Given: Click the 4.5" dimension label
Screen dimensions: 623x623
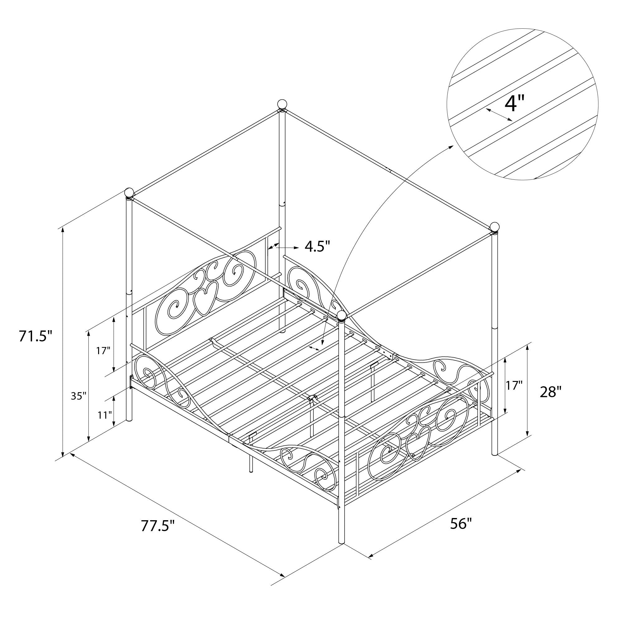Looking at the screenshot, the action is click(x=318, y=247).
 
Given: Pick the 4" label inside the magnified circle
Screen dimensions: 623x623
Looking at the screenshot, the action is click(x=515, y=103).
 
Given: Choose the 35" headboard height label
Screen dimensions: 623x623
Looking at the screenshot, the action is click(x=79, y=396).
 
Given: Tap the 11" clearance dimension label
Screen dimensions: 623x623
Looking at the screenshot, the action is click(x=105, y=415).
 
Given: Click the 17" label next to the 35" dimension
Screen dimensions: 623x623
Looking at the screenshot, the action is click(x=103, y=350).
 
